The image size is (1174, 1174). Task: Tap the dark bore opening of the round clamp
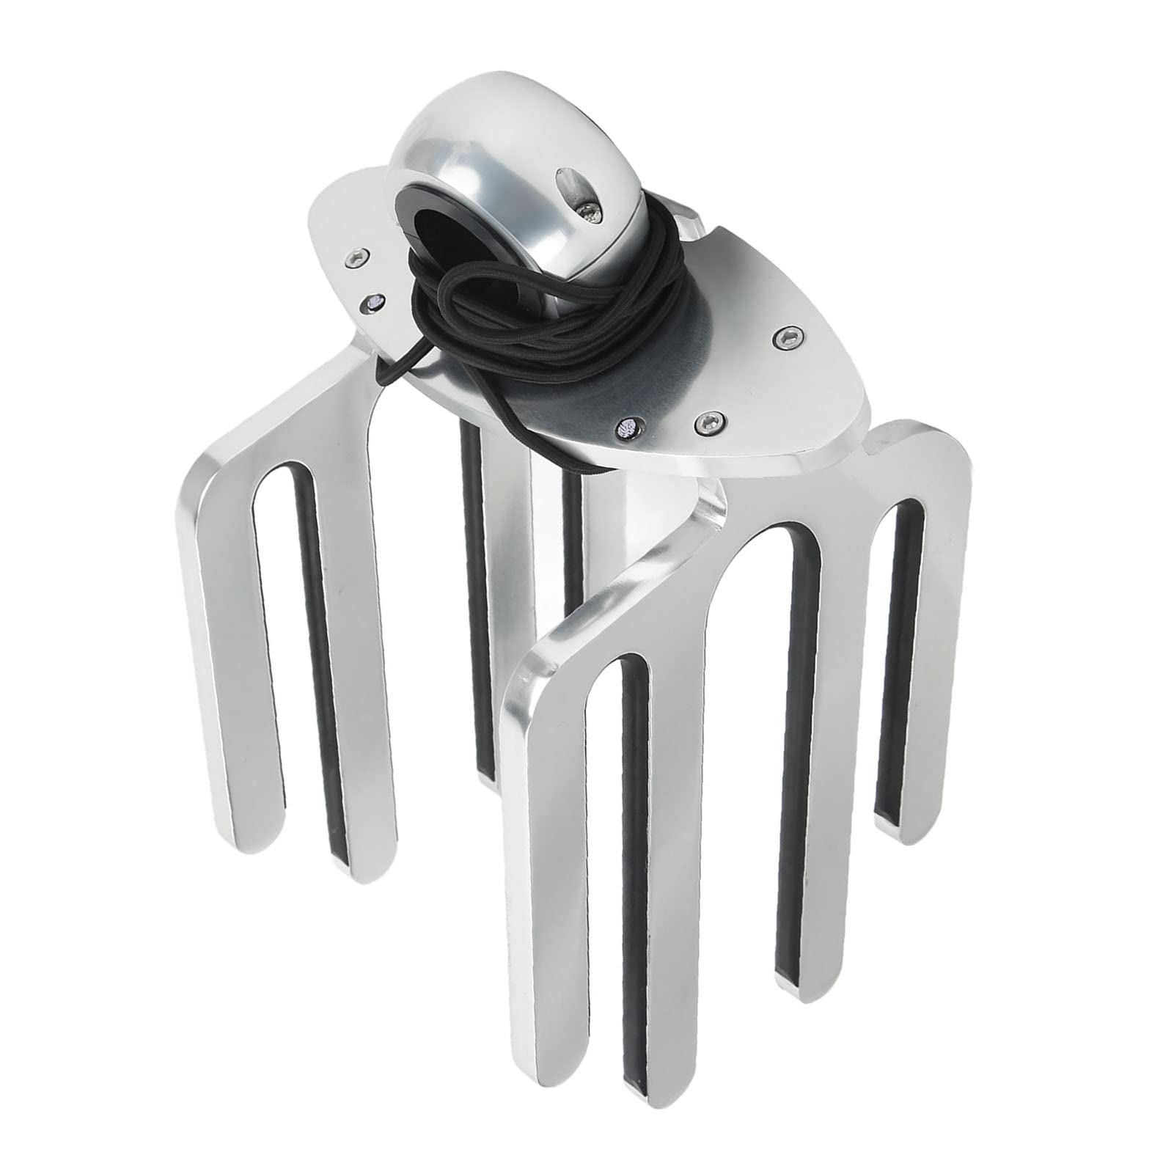point(425,220)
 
